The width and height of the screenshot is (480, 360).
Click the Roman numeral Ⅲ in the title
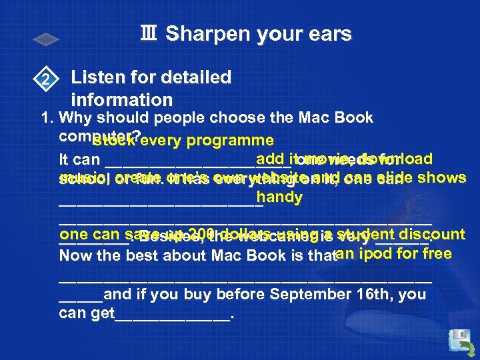(152, 34)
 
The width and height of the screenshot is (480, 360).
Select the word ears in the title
(328, 34)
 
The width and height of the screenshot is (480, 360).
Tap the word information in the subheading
(121, 100)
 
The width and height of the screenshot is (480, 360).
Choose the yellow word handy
(279, 197)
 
